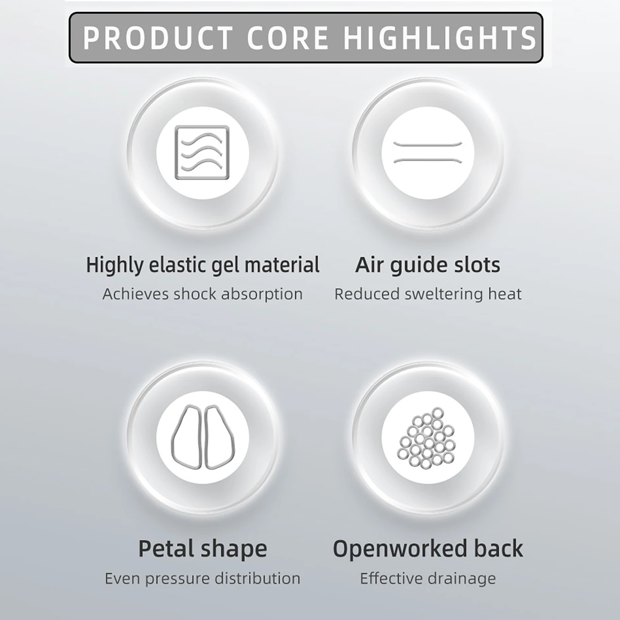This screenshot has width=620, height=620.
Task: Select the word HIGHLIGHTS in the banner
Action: [439, 38]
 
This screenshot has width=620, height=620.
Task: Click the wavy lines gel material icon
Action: [202, 153]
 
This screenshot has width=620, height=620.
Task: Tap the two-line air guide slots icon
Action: [428, 153]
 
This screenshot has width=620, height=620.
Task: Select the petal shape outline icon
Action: [203, 437]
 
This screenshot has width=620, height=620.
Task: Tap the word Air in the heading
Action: [370, 265]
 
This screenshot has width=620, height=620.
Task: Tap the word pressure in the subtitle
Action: [178, 579]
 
